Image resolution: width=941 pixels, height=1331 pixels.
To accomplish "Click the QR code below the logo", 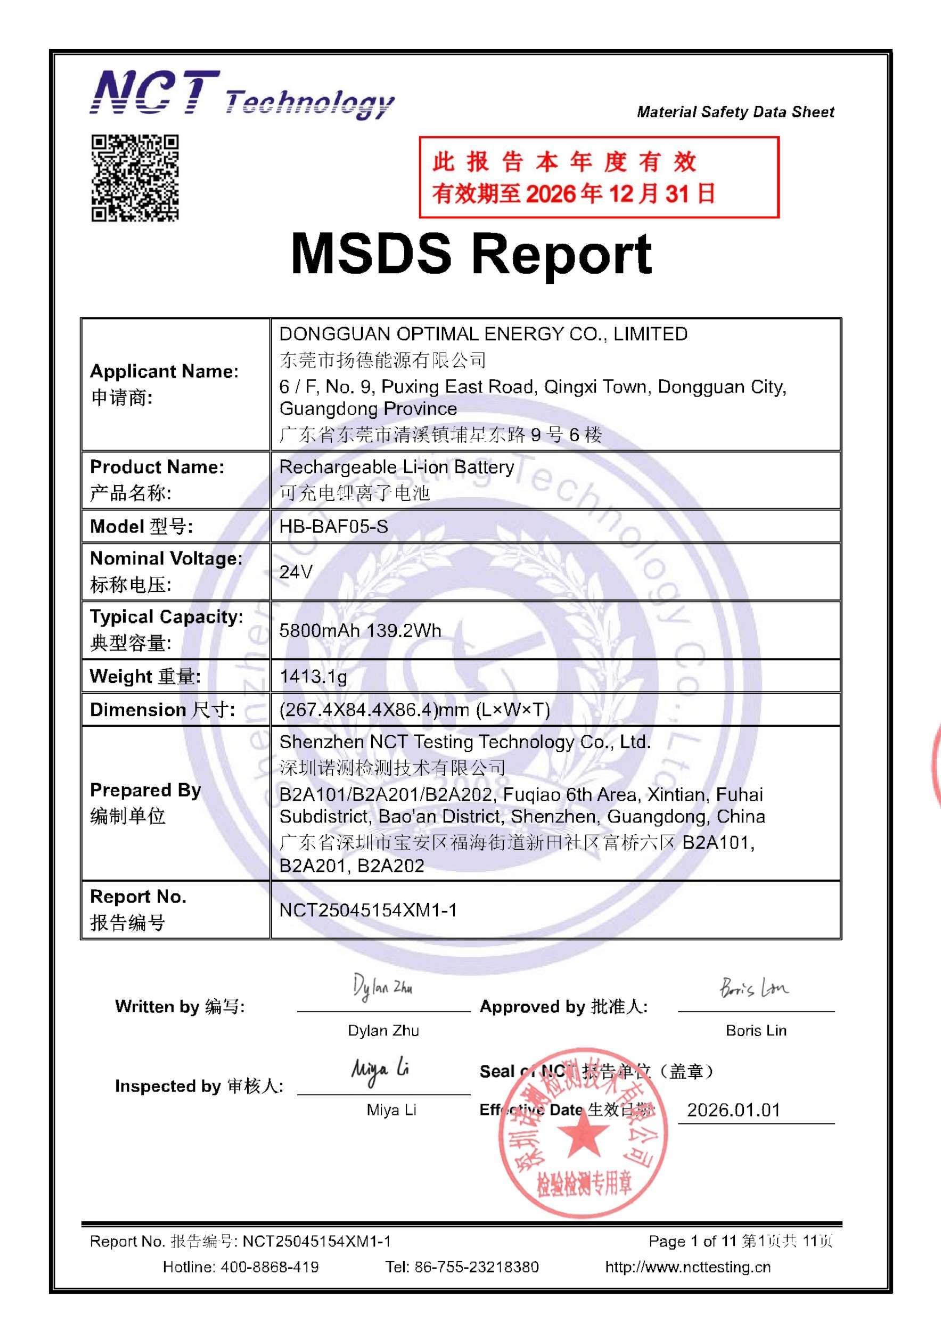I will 135,178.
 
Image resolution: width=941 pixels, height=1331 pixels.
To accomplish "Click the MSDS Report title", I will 471,254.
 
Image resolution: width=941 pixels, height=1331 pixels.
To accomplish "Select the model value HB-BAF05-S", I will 333,527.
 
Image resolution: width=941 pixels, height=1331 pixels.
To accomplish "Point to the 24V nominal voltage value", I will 296,572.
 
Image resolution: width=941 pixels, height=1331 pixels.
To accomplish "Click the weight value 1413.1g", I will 313,676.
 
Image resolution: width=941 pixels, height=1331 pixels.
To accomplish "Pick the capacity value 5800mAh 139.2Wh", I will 360,630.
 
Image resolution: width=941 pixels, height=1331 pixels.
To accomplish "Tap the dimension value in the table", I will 414,710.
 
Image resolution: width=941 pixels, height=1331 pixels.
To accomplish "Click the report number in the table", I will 367,910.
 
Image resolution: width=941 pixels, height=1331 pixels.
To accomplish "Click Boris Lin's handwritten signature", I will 754,987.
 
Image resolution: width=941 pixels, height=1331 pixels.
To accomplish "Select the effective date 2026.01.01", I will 733,1110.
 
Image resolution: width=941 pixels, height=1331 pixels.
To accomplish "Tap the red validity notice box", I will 599,177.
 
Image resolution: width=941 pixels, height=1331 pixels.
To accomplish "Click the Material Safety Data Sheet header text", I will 735,112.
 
